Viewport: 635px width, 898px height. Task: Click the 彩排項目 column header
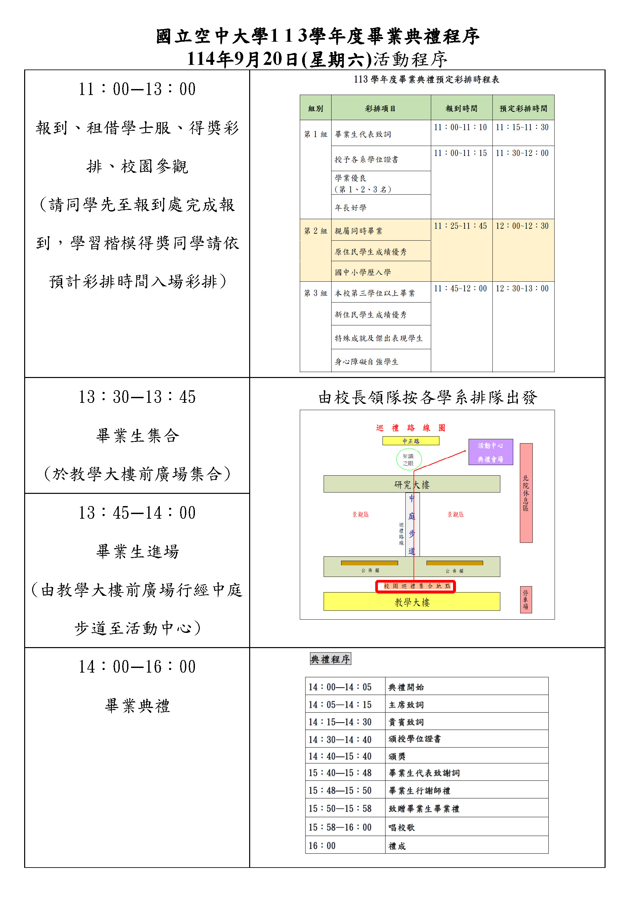coord(381,108)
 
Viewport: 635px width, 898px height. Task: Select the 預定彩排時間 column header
coord(523,108)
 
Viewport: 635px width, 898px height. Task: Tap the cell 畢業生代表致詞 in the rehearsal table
coord(363,134)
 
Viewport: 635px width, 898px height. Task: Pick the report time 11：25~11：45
coord(461,226)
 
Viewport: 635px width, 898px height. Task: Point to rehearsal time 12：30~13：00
coord(522,289)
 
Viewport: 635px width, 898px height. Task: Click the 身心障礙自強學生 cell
coord(366,361)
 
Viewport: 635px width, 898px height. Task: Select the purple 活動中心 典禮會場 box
coord(490,452)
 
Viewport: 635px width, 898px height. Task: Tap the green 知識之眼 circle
coord(409,459)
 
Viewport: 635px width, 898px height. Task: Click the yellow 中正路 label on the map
coord(411,441)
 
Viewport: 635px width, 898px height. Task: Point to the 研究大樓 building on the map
coord(411,485)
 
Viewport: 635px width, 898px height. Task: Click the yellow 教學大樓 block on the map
coord(412,602)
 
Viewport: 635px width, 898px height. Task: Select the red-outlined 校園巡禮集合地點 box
coord(415,586)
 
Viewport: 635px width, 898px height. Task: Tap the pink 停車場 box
coord(525,599)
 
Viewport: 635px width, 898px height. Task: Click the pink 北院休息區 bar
coord(525,493)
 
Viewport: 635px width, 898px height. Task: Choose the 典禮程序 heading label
coord(330,659)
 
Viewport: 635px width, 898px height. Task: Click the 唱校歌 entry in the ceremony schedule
coord(402,827)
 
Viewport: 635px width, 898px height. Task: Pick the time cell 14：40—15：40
coord(340,756)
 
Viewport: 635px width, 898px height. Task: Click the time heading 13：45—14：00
coord(137,513)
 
